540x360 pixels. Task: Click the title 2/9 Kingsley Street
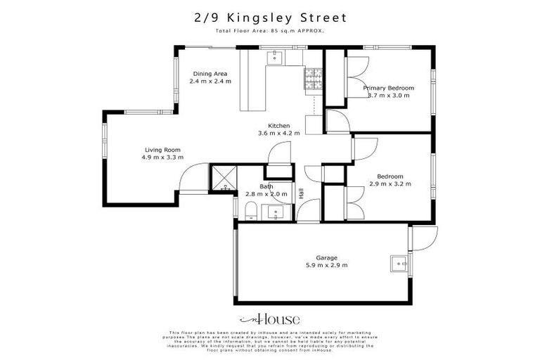(269, 17)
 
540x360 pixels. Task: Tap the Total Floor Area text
(269, 32)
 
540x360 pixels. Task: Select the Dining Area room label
(210, 73)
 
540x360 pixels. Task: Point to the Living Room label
(163, 149)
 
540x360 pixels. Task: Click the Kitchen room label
(278, 126)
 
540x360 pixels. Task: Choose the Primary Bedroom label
(388, 88)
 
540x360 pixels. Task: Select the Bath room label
(266, 186)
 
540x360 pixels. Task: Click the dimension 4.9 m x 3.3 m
(163, 157)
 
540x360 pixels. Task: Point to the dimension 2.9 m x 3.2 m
(390, 184)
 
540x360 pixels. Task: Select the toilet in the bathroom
(250, 210)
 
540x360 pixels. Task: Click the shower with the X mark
(223, 178)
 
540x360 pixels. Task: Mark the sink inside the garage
(398, 264)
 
